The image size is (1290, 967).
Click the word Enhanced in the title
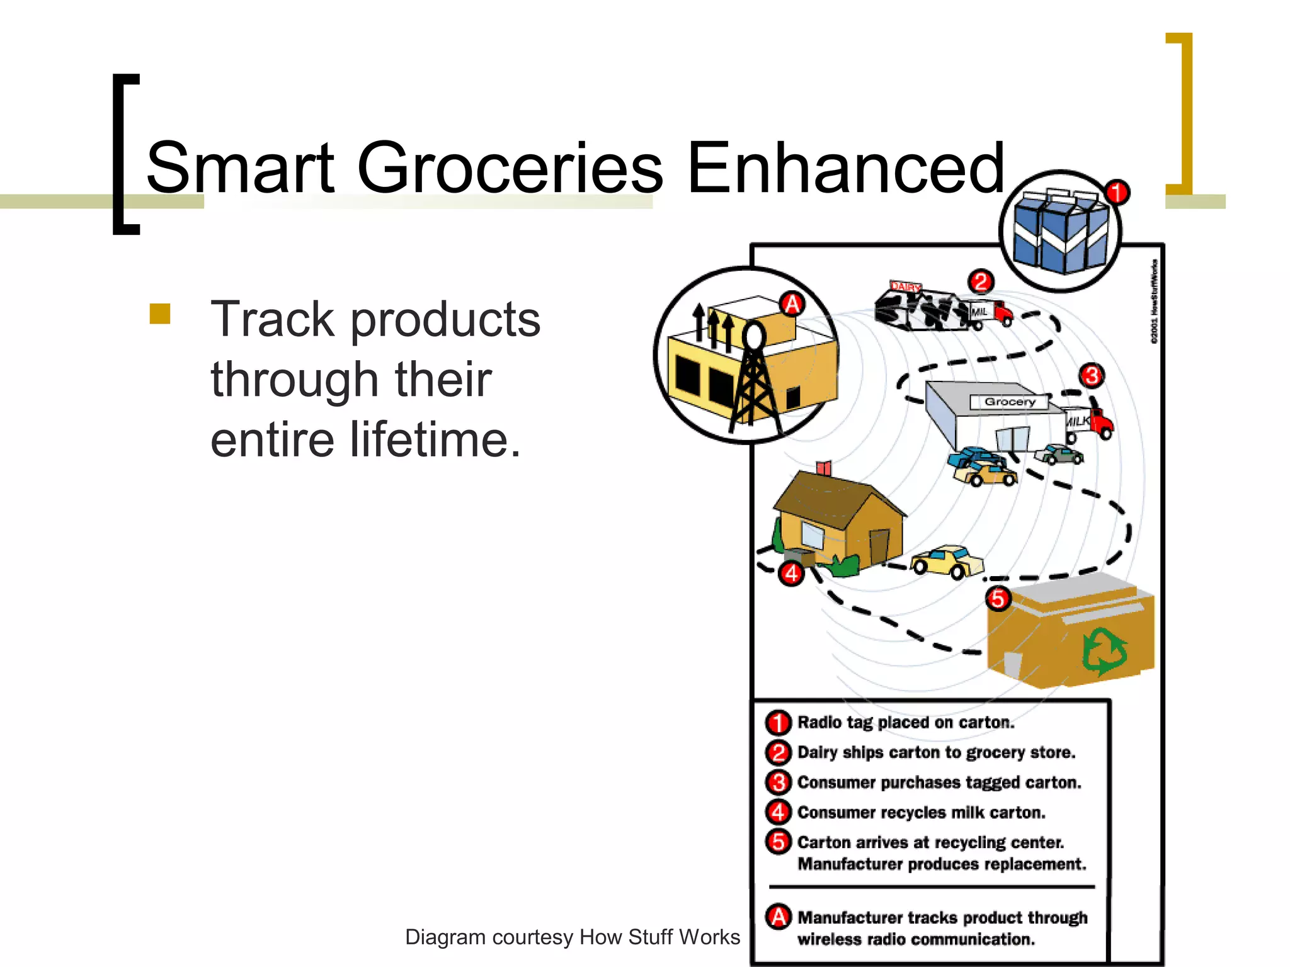coord(845,168)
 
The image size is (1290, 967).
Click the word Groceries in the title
coord(510,168)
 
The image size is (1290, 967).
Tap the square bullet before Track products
coord(160,314)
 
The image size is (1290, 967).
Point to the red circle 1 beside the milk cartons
coord(1117,192)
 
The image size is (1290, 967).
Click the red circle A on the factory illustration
coord(792,304)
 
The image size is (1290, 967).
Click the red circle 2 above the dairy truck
coord(981,281)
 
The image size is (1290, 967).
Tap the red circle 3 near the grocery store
coord(1092,376)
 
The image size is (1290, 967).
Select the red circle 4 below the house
coord(791,574)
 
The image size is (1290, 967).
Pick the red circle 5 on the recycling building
coord(998,598)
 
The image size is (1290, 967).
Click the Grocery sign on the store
coord(1009,402)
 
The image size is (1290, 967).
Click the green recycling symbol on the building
coord(1104,651)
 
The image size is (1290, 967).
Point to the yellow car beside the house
coord(947,561)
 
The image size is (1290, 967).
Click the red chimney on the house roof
coord(824,468)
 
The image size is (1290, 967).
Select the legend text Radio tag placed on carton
coord(905,722)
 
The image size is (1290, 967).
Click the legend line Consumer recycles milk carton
coord(920,812)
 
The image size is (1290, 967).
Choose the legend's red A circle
coord(779,917)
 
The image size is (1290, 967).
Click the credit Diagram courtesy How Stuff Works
coord(572,937)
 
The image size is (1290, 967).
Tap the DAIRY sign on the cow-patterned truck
coord(905,287)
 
